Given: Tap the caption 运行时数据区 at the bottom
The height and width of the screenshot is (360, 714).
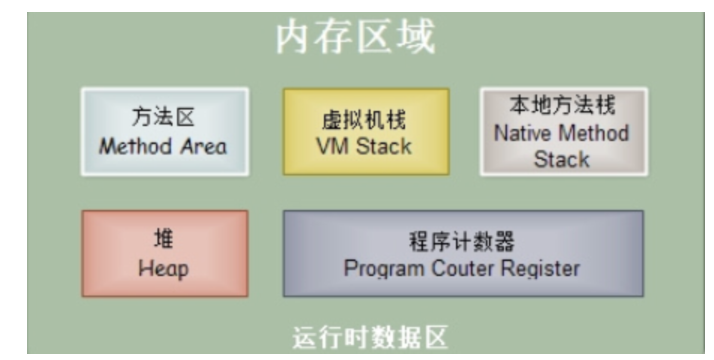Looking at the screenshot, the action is (369, 338).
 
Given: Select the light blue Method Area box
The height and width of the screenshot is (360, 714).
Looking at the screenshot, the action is (164, 131).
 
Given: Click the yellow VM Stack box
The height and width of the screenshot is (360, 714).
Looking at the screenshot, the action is (365, 131).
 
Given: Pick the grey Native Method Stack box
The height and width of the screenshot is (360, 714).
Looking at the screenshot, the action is (562, 132).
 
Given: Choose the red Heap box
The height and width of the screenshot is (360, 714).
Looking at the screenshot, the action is (164, 253).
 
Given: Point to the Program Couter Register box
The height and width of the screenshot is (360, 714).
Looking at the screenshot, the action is (462, 253).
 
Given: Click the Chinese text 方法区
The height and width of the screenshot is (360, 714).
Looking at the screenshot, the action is (163, 118).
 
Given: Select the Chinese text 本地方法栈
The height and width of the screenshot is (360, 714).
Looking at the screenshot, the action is (562, 106).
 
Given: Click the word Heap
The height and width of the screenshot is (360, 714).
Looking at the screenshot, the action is (163, 268).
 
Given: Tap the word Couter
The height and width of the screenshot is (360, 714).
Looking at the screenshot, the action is (457, 268).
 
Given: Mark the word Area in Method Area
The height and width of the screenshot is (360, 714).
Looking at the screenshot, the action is (202, 145).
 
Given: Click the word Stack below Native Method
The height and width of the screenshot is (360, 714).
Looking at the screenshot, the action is (562, 159).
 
